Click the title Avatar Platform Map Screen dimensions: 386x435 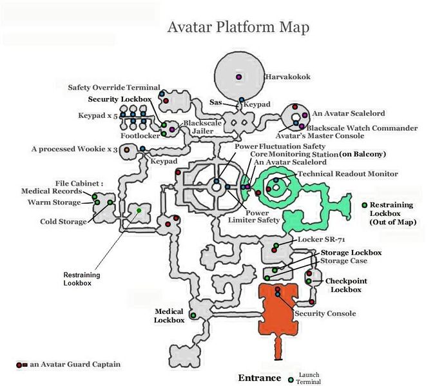(238, 27)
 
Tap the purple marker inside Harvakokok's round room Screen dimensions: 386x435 (239, 77)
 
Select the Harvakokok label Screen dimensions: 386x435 (287, 77)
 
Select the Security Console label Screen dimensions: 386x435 (325, 314)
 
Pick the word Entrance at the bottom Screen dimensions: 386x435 (260, 378)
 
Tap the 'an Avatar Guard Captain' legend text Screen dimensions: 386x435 (73, 364)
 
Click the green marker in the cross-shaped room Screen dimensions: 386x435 (139, 210)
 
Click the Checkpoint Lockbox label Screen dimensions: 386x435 (345, 285)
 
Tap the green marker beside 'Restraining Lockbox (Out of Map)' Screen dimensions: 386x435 (365, 204)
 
